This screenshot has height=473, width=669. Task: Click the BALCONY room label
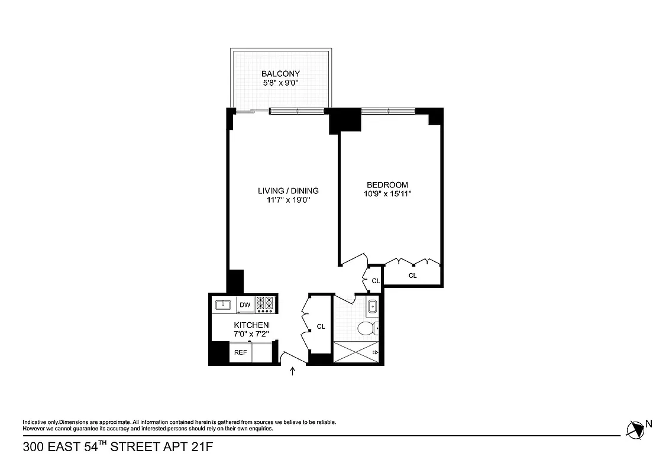276,74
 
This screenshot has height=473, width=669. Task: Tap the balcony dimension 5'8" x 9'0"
276,83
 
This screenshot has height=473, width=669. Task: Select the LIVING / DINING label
288,190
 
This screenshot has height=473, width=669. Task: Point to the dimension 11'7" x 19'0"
288,200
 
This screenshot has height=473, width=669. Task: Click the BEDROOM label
387,184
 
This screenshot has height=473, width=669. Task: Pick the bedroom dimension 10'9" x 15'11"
387,194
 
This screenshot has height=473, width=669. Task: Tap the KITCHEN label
251,325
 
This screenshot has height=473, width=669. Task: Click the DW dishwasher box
245,305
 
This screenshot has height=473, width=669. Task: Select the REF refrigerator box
240,352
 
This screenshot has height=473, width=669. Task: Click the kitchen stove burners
266,304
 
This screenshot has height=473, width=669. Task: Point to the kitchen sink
224,304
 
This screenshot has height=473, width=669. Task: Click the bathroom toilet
368,328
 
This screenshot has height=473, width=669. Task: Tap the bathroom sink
372,307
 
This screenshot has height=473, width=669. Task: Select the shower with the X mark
355,352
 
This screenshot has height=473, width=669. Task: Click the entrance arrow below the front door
293,371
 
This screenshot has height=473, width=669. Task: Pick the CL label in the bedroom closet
412,276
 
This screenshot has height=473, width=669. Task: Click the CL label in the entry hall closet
321,326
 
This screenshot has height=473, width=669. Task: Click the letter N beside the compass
649,423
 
